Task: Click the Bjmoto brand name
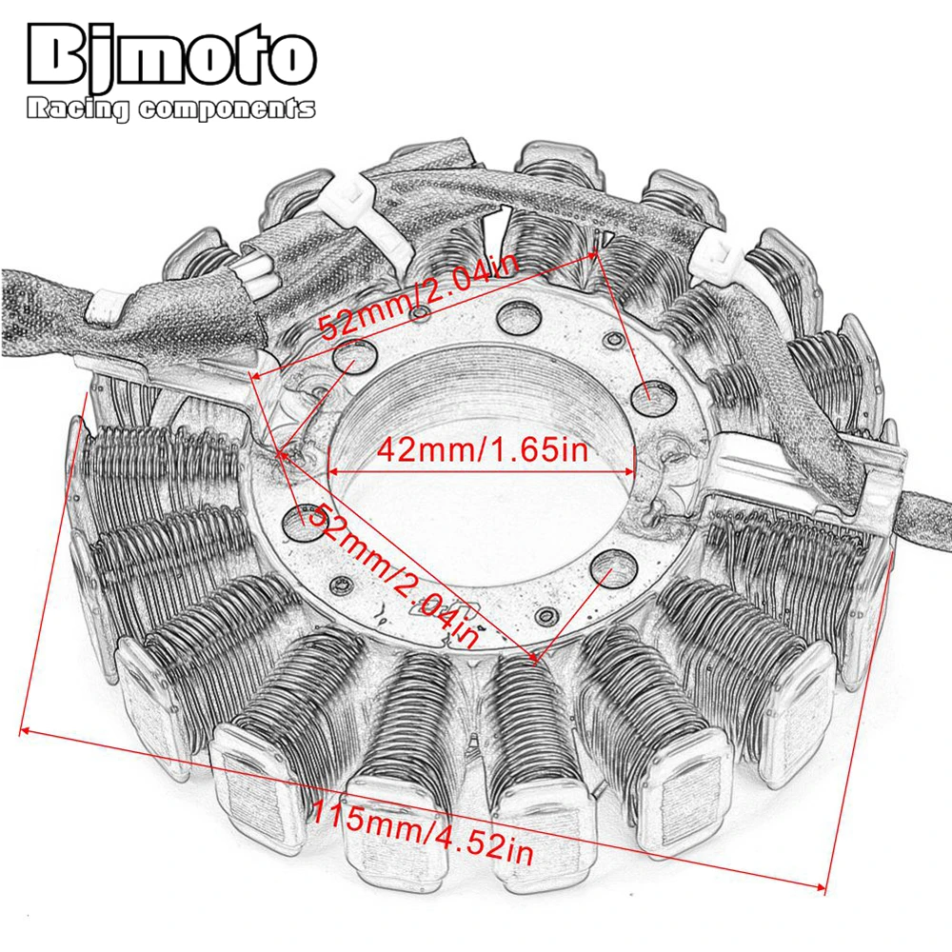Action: (x=172, y=59)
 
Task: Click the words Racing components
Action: (x=171, y=109)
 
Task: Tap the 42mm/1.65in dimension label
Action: (x=483, y=450)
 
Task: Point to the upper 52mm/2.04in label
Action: (x=419, y=297)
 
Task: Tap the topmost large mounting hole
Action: (x=519, y=316)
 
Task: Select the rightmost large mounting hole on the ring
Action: (x=653, y=397)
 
